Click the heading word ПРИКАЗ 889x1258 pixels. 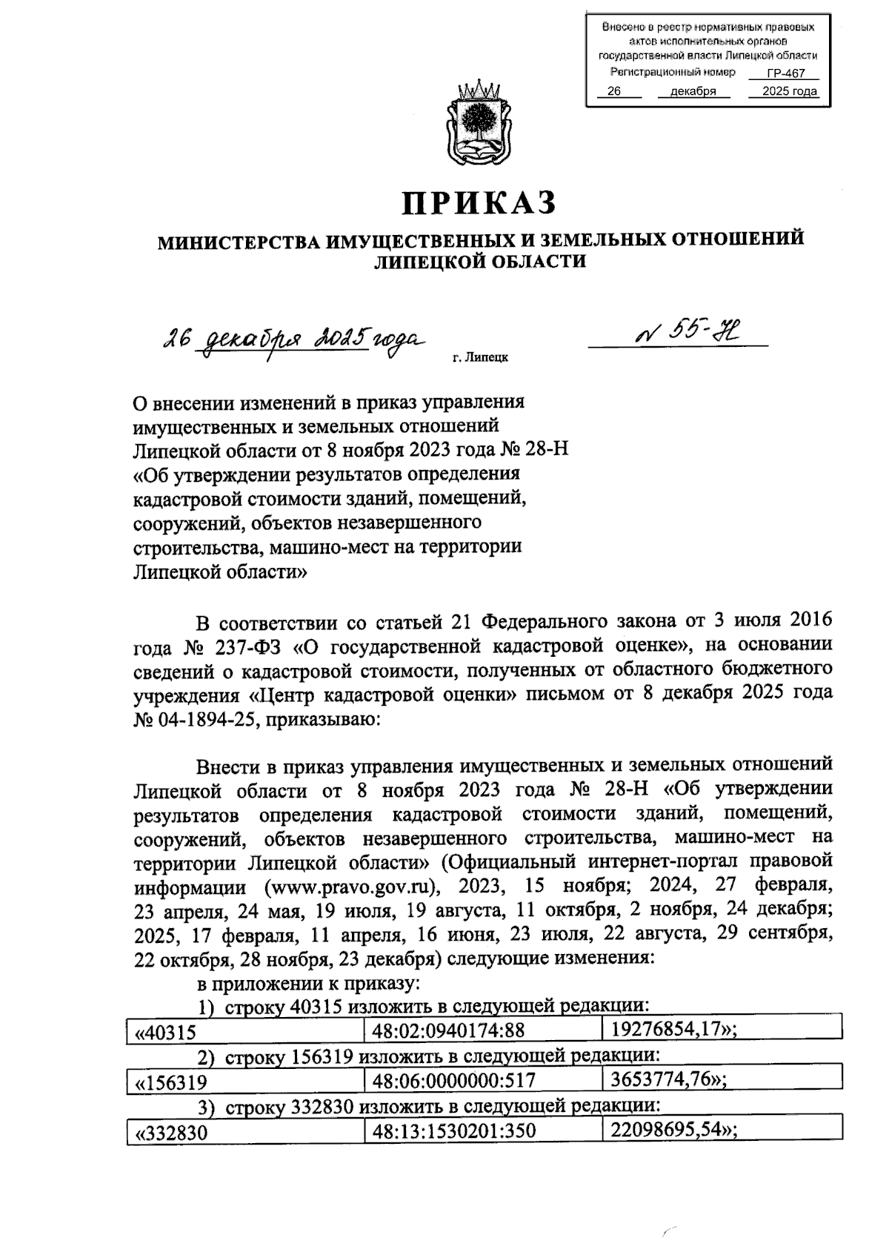pyautogui.click(x=479, y=202)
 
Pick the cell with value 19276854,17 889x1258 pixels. pyautogui.click(x=673, y=1028)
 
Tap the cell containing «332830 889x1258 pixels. pyautogui.click(x=170, y=1132)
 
